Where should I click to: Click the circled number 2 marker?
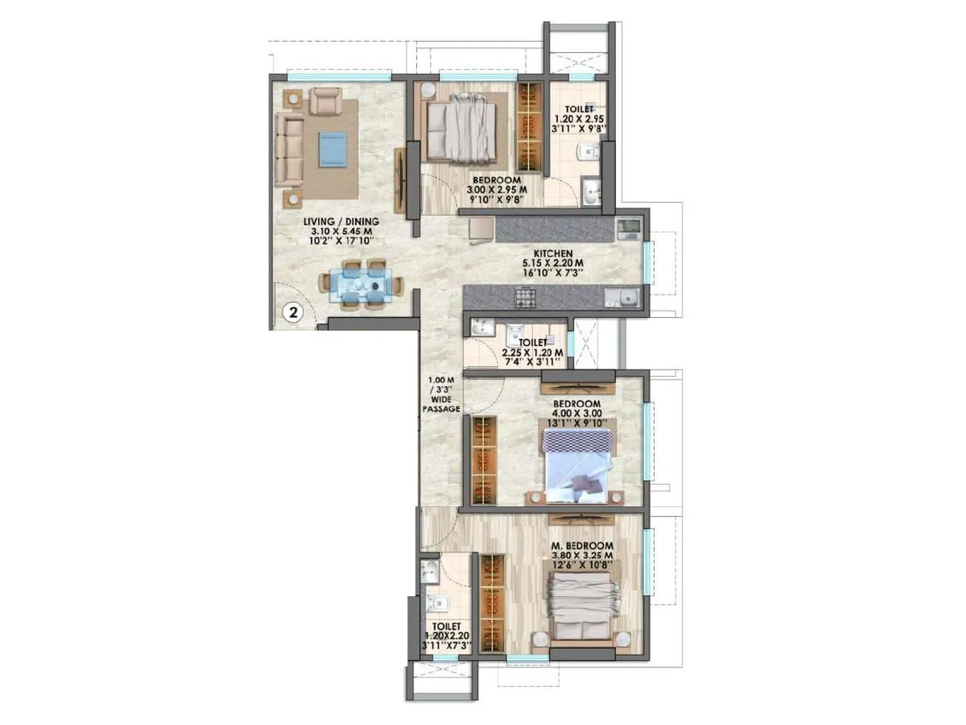(293, 312)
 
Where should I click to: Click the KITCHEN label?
(552, 254)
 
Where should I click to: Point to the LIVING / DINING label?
(341, 222)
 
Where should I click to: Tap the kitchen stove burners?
(525, 297)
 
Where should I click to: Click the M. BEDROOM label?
(582, 546)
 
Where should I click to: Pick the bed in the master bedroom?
(583, 606)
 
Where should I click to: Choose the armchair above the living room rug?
(325, 100)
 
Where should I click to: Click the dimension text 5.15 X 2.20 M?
(552, 263)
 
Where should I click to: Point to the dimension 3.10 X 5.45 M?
(341, 231)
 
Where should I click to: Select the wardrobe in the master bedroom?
(492, 602)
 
